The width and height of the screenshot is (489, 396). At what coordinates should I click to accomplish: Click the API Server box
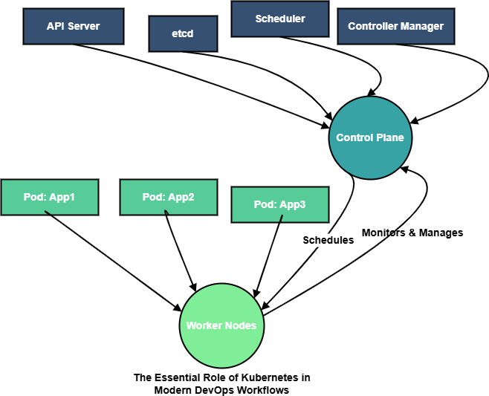pyautogui.click(x=73, y=26)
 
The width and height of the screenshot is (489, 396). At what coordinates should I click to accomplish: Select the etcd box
pyautogui.click(x=183, y=33)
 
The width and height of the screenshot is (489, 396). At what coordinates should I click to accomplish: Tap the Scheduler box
pyautogui.click(x=279, y=19)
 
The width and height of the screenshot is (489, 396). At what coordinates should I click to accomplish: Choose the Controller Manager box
pyautogui.click(x=395, y=26)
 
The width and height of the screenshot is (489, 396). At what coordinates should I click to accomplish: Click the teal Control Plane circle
pyautogui.click(x=370, y=137)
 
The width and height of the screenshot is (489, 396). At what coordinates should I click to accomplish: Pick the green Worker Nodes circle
pyautogui.click(x=221, y=325)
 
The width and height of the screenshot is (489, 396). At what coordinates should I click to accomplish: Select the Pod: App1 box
pyautogui.click(x=49, y=197)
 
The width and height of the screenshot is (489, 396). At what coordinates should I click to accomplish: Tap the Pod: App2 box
pyautogui.click(x=168, y=197)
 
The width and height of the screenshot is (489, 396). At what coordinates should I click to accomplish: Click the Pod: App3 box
pyautogui.click(x=279, y=204)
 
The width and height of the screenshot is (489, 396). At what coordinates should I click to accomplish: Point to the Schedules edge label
pyautogui.click(x=328, y=240)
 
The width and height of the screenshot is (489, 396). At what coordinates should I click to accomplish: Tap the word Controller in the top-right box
pyautogui.click(x=373, y=26)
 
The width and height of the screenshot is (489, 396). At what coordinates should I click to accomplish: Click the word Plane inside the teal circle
pyautogui.click(x=389, y=137)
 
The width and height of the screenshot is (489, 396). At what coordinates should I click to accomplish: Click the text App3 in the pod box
pyautogui.click(x=293, y=204)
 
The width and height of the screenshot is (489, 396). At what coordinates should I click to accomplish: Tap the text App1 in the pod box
pyautogui.click(x=62, y=197)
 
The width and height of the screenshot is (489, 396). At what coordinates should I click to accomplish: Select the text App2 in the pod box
pyautogui.click(x=181, y=197)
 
